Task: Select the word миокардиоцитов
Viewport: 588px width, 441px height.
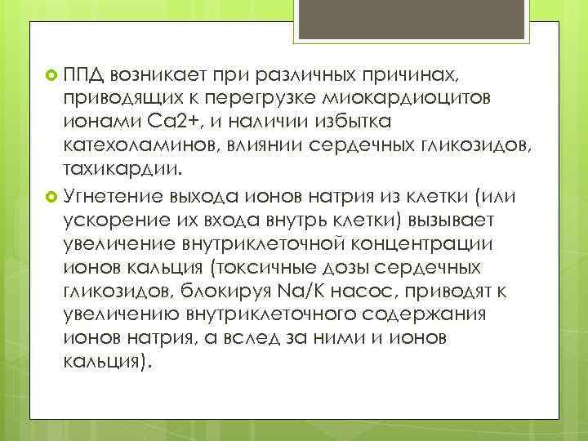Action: click(x=393, y=98)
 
